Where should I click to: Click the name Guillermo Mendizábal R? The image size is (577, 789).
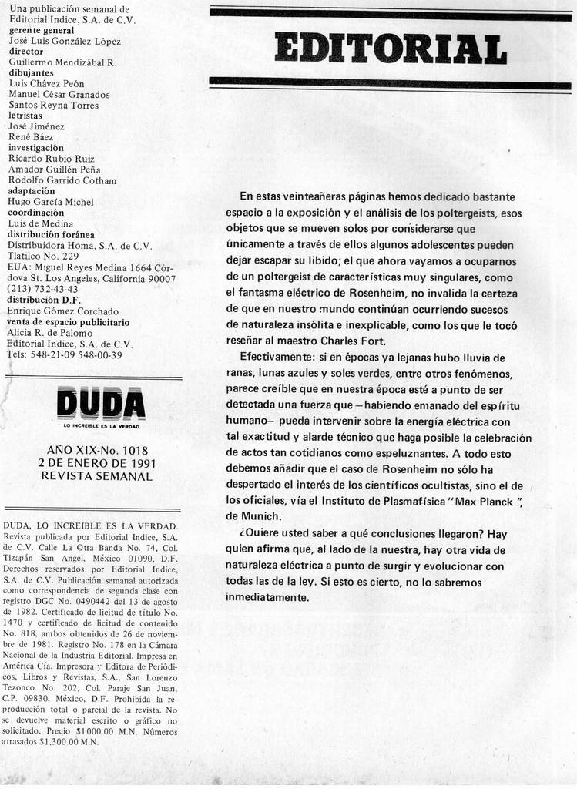[62, 62]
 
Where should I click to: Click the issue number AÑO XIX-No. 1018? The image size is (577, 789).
[97, 449]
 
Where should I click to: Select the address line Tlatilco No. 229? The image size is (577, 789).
[43, 256]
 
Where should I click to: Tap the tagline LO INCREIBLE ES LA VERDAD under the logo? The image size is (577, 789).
[100, 426]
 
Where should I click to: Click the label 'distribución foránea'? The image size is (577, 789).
[51, 234]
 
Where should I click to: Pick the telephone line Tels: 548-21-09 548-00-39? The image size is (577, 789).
[64, 354]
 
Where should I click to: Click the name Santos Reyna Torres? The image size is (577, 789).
[53, 105]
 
